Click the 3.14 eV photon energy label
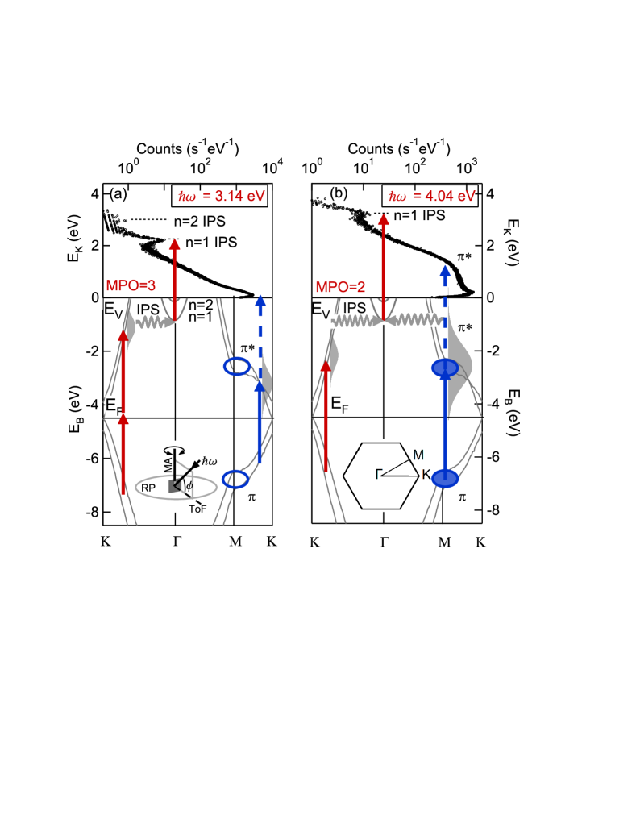coord(222,196)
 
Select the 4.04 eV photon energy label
coord(432,196)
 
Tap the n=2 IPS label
coord(200,222)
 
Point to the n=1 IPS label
coord(212,242)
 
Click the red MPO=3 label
coord(131,285)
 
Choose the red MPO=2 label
coord(340,287)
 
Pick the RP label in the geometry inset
coord(148,488)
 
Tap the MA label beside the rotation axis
coord(168,462)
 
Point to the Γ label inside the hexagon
coord(378,474)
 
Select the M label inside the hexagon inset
coord(418,456)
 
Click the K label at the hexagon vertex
coord(426,474)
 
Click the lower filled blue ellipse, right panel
coord(445,479)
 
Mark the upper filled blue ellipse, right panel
coord(444,368)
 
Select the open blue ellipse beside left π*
coord(236,367)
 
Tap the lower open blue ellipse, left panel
coord(235,479)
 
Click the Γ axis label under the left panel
coord(177,541)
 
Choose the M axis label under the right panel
coord(444,542)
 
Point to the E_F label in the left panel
coord(114,406)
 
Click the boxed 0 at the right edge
coord(490,298)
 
